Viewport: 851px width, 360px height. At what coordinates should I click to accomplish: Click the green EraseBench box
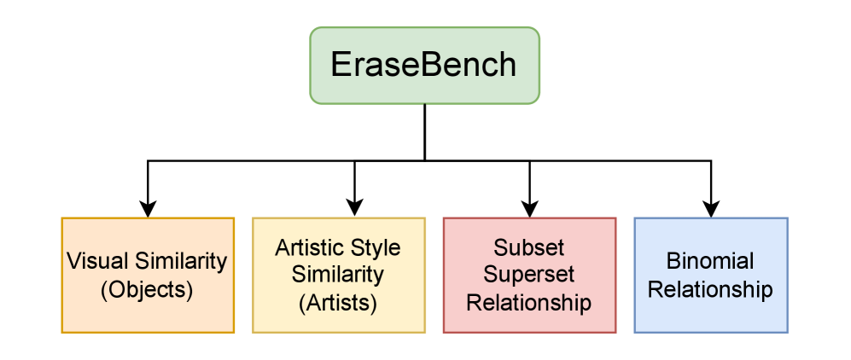pyautogui.click(x=424, y=66)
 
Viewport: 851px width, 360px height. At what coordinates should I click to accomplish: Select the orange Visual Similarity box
pyautogui.click(x=148, y=275)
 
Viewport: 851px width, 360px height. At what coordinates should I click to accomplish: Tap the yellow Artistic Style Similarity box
pyautogui.click(x=338, y=275)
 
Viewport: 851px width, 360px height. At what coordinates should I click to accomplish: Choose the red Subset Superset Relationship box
pyautogui.click(x=529, y=275)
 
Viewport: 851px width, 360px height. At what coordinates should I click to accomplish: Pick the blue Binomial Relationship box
pyautogui.click(x=710, y=275)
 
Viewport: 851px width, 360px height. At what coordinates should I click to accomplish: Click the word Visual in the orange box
pyautogui.click(x=94, y=260)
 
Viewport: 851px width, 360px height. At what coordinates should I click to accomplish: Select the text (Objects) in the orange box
pyautogui.click(x=147, y=289)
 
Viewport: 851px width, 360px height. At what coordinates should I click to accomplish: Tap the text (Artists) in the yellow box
pyautogui.click(x=338, y=302)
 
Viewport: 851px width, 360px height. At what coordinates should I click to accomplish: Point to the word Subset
pyautogui.click(x=529, y=247)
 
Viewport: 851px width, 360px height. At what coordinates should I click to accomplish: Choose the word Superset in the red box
pyautogui.click(x=529, y=275)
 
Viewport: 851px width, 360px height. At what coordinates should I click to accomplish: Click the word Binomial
pyautogui.click(x=710, y=261)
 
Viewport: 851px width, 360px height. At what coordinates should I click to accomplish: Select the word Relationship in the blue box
pyautogui.click(x=710, y=289)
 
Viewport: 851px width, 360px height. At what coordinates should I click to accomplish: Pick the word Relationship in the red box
pyautogui.click(x=529, y=302)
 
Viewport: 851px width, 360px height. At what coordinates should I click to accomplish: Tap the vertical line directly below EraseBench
pyautogui.click(x=424, y=132)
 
